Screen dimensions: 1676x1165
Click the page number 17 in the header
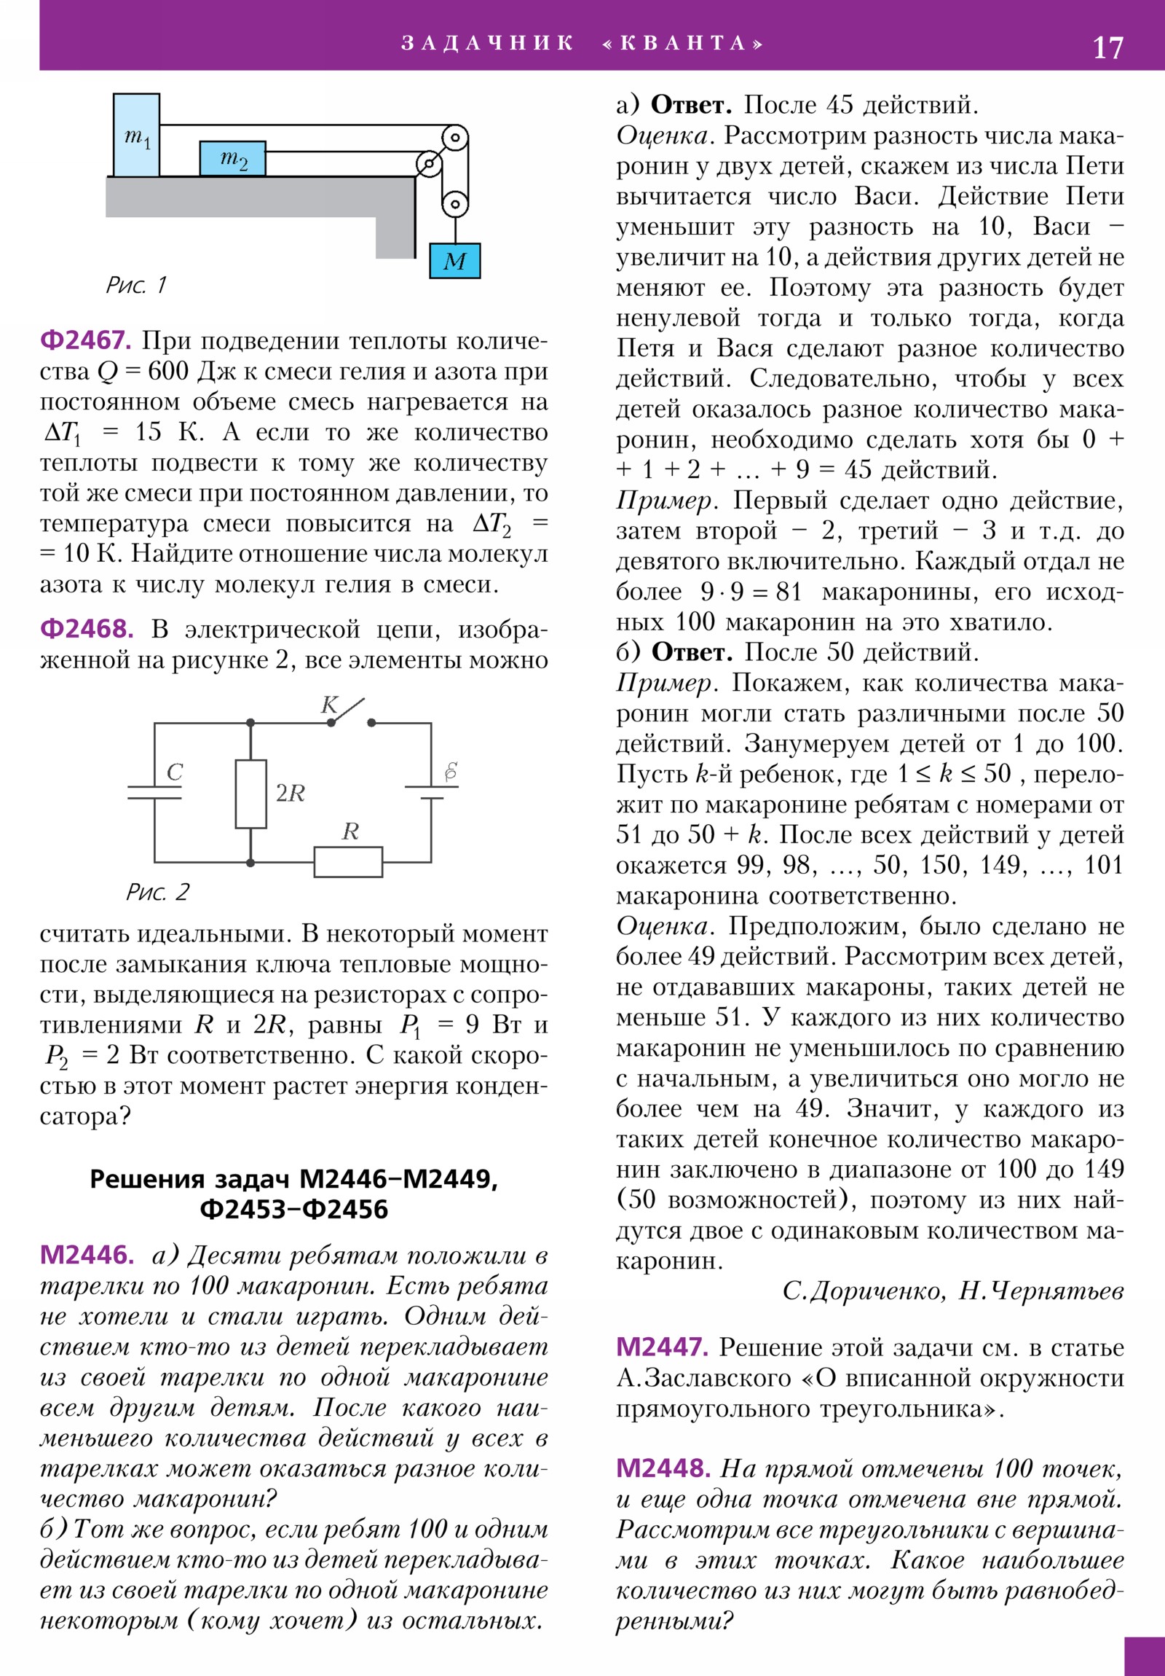tap(1107, 48)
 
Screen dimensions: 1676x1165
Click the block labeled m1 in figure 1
tap(136, 135)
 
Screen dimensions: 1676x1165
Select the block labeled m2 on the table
tap(233, 158)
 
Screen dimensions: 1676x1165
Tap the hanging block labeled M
tap(454, 261)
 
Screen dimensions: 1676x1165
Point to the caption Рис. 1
tap(136, 285)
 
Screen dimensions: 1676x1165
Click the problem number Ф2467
tap(85, 340)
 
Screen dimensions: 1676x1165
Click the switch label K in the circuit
tap(330, 705)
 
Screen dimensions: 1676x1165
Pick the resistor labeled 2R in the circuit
tap(250, 794)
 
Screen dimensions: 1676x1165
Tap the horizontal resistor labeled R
tap(348, 861)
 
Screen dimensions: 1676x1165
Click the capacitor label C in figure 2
tap(173, 772)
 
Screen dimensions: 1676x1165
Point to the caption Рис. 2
tap(157, 891)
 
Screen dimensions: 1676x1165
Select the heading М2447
tap(662, 1347)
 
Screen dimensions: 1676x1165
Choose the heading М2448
tap(663, 1468)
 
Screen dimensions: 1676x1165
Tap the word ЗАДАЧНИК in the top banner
tap(487, 43)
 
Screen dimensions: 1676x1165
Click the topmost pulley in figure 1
tap(455, 136)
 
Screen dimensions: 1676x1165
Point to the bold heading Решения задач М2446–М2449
tap(293, 1178)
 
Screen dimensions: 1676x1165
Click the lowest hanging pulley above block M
tap(454, 203)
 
